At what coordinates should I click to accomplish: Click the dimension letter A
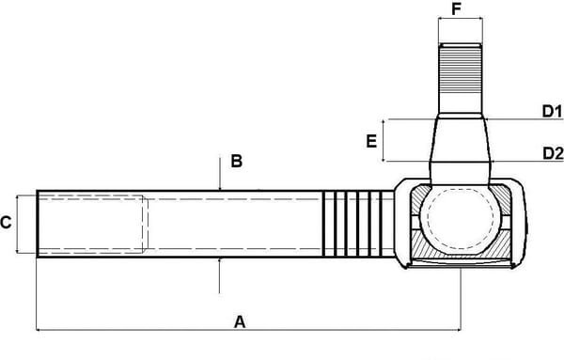(240, 321)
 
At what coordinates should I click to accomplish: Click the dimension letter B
(237, 161)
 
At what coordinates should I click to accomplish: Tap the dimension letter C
(7, 223)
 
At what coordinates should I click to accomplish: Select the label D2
(552, 152)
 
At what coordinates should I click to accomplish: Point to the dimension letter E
(372, 142)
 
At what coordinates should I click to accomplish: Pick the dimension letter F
(458, 10)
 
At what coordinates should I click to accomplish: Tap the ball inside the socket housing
(461, 221)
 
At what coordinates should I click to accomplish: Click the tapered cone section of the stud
(461, 141)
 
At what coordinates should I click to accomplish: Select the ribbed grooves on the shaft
(357, 224)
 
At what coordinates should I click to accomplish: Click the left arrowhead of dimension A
(39, 329)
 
